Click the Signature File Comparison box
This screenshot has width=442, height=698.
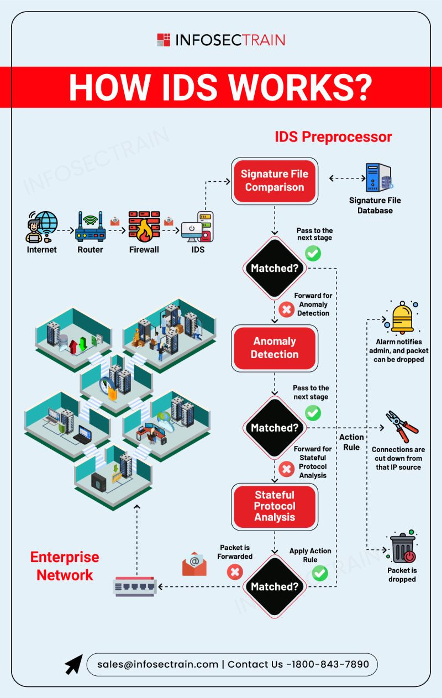click(x=275, y=181)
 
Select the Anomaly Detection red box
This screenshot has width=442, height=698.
click(x=275, y=348)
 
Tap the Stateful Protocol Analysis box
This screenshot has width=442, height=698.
click(x=275, y=506)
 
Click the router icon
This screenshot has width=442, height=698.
click(x=90, y=227)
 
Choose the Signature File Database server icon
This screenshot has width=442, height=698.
click(x=379, y=177)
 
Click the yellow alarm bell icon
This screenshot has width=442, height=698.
click(x=402, y=318)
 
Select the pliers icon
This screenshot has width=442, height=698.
click(x=402, y=427)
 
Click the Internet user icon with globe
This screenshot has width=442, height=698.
click(x=42, y=227)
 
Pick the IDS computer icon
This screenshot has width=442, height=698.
click(x=197, y=227)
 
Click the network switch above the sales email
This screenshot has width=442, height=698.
click(x=135, y=586)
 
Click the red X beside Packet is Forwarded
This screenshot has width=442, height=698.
click(x=235, y=572)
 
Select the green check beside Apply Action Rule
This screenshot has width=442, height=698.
click(x=320, y=573)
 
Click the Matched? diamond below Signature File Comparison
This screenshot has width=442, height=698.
click(x=275, y=268)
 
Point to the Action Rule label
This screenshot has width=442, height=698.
click(x=351, y=442)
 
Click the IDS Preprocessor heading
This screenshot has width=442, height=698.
click(x=333, y=137)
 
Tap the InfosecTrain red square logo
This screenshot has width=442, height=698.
click(x=164, y=40)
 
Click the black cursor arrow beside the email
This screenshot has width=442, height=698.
click(x=74, y=664)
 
